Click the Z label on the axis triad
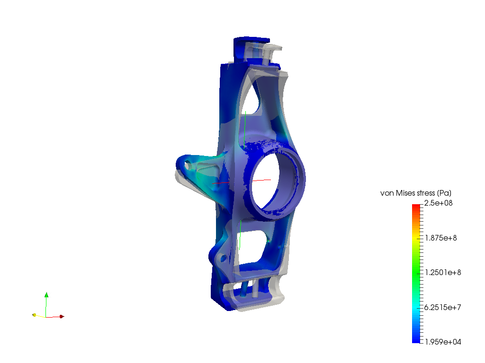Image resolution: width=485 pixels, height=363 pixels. (x=49, y=295)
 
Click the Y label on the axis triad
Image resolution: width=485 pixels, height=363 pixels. (x=37, y=312)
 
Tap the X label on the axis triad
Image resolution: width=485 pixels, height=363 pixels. (x=64, y=314)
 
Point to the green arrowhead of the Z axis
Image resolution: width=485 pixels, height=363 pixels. (x=46, y=296)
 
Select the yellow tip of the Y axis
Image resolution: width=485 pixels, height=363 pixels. (x=35, y=315)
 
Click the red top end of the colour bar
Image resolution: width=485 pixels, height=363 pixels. (x=416, y=207)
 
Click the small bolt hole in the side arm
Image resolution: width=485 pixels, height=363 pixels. (x=188, y=166)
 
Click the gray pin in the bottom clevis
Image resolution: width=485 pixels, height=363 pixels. (x=255, y=288)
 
